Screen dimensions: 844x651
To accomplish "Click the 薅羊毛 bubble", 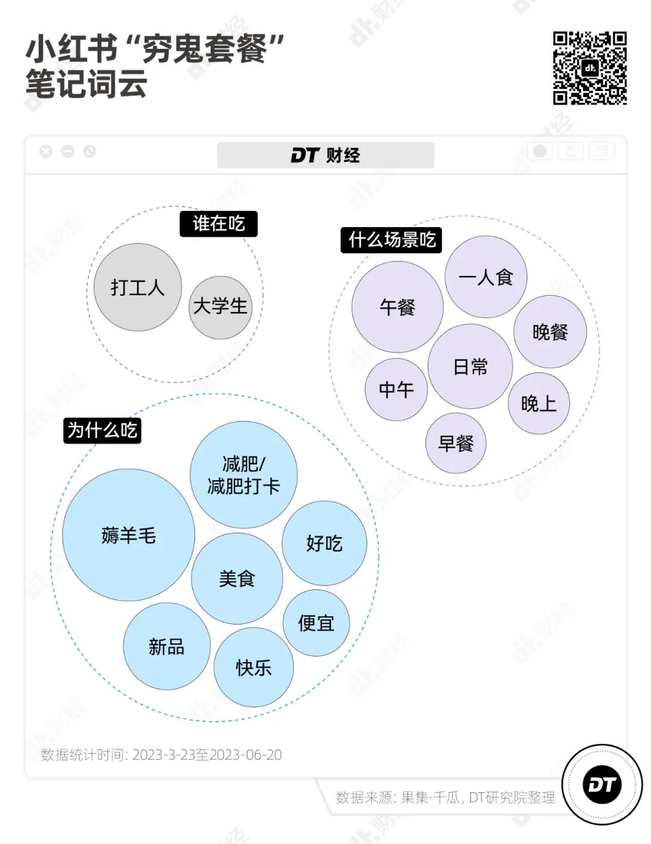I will point(128,535).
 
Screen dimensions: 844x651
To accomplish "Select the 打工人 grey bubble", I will point(137,287).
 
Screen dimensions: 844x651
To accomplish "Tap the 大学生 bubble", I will point(220,306).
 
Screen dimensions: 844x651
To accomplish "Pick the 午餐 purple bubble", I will point(397,307).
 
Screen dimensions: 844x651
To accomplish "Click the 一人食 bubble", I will point(486,277).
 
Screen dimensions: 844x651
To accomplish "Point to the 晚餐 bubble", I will point(550,332).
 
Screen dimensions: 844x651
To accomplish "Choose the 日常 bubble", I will point(470,366).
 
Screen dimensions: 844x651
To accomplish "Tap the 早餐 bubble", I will point(456,443).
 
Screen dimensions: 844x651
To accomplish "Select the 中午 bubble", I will point(396,390).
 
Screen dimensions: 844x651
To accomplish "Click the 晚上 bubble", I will point(538,403).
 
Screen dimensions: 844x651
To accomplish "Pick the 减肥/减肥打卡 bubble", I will point(244,475).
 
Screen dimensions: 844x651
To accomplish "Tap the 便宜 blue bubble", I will point(316,622).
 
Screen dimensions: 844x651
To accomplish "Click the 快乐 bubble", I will point(254,667).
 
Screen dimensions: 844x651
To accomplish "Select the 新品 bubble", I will point(166,646).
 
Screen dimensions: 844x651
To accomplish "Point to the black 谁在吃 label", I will point(218,224).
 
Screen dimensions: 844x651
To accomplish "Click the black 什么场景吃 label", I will point(391,240).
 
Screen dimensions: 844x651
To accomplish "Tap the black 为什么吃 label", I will point(102,430).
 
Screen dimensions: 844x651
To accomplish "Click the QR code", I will point(590,68).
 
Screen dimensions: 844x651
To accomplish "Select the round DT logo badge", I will point(602,784).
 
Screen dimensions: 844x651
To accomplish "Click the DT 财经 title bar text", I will point(325,155).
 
